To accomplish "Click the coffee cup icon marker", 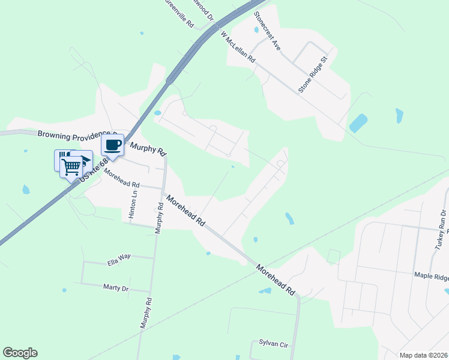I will pos(113,145).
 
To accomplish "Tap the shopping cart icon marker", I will pos(71,166).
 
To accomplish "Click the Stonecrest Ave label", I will pos(267,29).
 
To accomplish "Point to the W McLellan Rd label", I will pos(238,47).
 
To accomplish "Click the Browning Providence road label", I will pos(73,134).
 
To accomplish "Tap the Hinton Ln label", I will pos(133,204).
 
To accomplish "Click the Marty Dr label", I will pos(116,288).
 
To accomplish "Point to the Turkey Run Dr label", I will pos(441,230).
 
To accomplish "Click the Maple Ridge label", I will pos(432,275).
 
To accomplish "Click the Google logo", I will pos(20,353).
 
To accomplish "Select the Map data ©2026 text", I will pos(423,355).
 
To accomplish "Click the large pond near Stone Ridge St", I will pos(358,123).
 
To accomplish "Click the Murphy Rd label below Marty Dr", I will pos(144,313).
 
